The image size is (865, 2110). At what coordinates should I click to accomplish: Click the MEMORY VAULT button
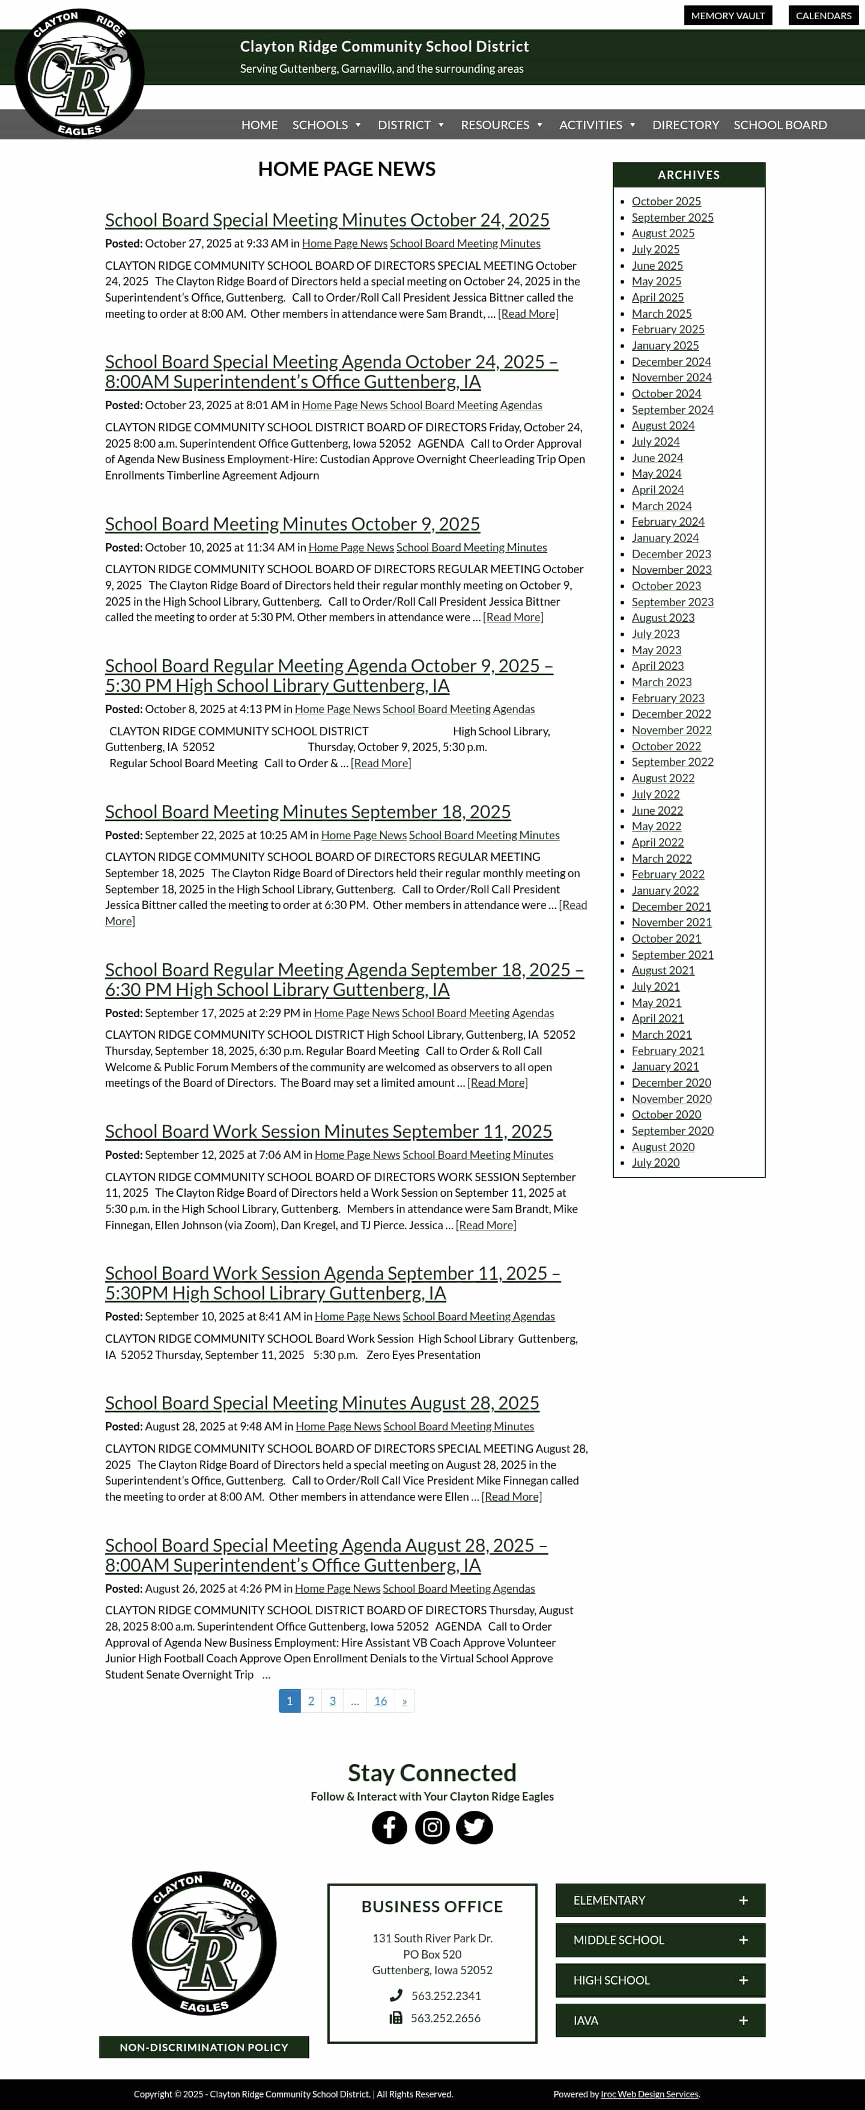[727, 16]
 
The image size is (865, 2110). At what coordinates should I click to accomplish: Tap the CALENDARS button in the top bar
[822, 16]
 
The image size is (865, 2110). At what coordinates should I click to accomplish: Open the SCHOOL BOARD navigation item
[780, 124]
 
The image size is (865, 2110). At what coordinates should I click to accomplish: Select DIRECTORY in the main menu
[685, 124]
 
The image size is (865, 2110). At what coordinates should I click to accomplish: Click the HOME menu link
[259, 124]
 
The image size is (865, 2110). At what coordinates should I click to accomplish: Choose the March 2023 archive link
[661, 681]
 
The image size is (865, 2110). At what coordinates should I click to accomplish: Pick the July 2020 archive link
[655, 1163]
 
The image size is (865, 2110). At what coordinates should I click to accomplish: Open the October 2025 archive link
[666, 201]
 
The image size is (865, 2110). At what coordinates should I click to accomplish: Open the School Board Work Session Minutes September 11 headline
[327, 1131]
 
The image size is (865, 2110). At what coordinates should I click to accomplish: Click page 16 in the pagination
[380, 1700]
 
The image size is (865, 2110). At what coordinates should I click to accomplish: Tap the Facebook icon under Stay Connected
[389, 1828]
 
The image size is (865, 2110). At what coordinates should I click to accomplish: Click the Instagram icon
[432, 1828]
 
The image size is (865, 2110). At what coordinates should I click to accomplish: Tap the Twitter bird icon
[475, 1828]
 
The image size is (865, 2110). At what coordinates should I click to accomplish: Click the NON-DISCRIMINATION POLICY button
[204, 2047]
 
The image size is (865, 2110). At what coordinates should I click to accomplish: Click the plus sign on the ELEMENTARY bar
[743, 1900]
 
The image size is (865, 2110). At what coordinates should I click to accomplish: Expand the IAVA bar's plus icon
[743, 2020]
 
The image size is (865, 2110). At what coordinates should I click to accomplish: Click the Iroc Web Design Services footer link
[649, 2094]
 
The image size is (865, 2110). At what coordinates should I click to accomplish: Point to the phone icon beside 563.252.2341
[396, 1995]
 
